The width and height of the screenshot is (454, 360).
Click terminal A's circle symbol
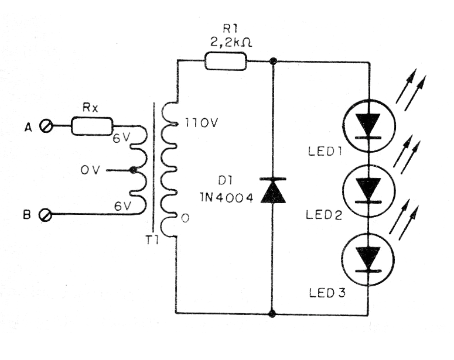pyautogui.click(x=46, y=126)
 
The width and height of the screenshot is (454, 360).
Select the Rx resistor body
pyautogui.click(x=92, y=126)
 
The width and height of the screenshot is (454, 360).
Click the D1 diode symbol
pyautogui.click(x=272, y=191)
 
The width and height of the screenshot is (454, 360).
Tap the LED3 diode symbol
pyautogui.click(x=368, y=258)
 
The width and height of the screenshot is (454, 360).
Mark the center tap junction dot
pyautogui.click(x=134, y=170)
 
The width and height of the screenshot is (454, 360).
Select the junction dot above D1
pyautogui.click(x=272, y=61)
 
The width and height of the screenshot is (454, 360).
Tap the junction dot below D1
pyautogui.click(x=272, y=314)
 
